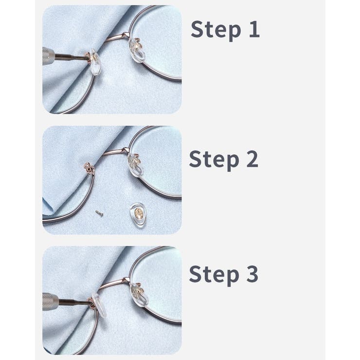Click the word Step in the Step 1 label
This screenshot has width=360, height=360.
click(x=216, y=30)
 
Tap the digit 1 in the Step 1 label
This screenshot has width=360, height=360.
click(x=254, y=29)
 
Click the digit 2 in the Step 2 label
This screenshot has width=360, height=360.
click(x=252, y=159)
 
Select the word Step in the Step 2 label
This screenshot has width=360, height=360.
click(x=214, y=160)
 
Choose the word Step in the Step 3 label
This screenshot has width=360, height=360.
click(x=214, y=275)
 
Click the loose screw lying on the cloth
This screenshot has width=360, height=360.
click(x=99, y=214)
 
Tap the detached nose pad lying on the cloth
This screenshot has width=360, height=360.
click(x=138, y=215)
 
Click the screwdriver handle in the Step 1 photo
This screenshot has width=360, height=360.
click(x=49, y=56)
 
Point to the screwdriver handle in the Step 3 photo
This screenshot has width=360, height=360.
click(x=50, y=302)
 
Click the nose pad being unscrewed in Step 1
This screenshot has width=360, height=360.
click(x=95, y=62)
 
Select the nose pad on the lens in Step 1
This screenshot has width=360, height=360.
click(x=137, y=51)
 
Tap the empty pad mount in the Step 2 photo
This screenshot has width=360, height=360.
click(x=89, y=168)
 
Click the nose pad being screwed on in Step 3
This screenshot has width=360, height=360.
click(x=99, y=305)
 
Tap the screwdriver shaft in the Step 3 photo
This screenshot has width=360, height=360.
click(x=74, y=302)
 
